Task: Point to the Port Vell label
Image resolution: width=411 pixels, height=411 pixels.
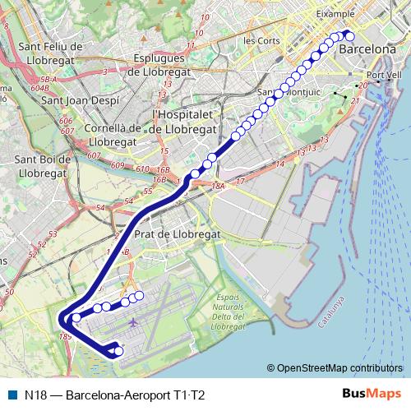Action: tap(385, 75)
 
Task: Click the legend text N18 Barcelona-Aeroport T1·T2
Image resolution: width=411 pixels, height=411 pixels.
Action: tap(114, 395)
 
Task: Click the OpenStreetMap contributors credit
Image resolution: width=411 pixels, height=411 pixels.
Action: tap(338, 368)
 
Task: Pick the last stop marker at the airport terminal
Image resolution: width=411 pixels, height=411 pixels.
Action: tap(118, 352)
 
